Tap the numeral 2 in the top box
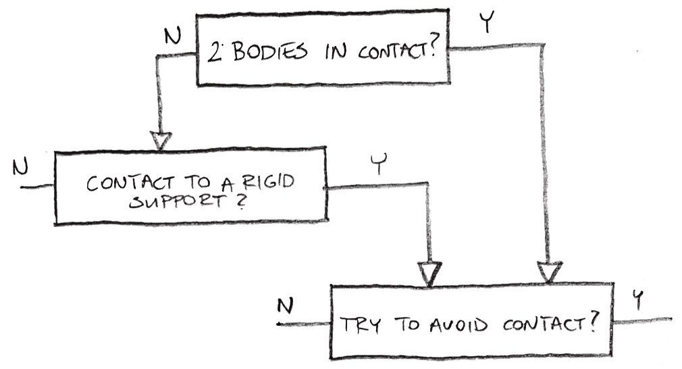[x=215, y=52]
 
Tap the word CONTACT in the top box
[x=394, y=52]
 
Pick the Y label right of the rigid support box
[x=379, y=166]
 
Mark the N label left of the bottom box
[x=286, y=306]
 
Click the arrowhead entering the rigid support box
[x=161, y=141]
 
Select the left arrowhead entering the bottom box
[x=429, y=273]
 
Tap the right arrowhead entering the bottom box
[x=549, y=272]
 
